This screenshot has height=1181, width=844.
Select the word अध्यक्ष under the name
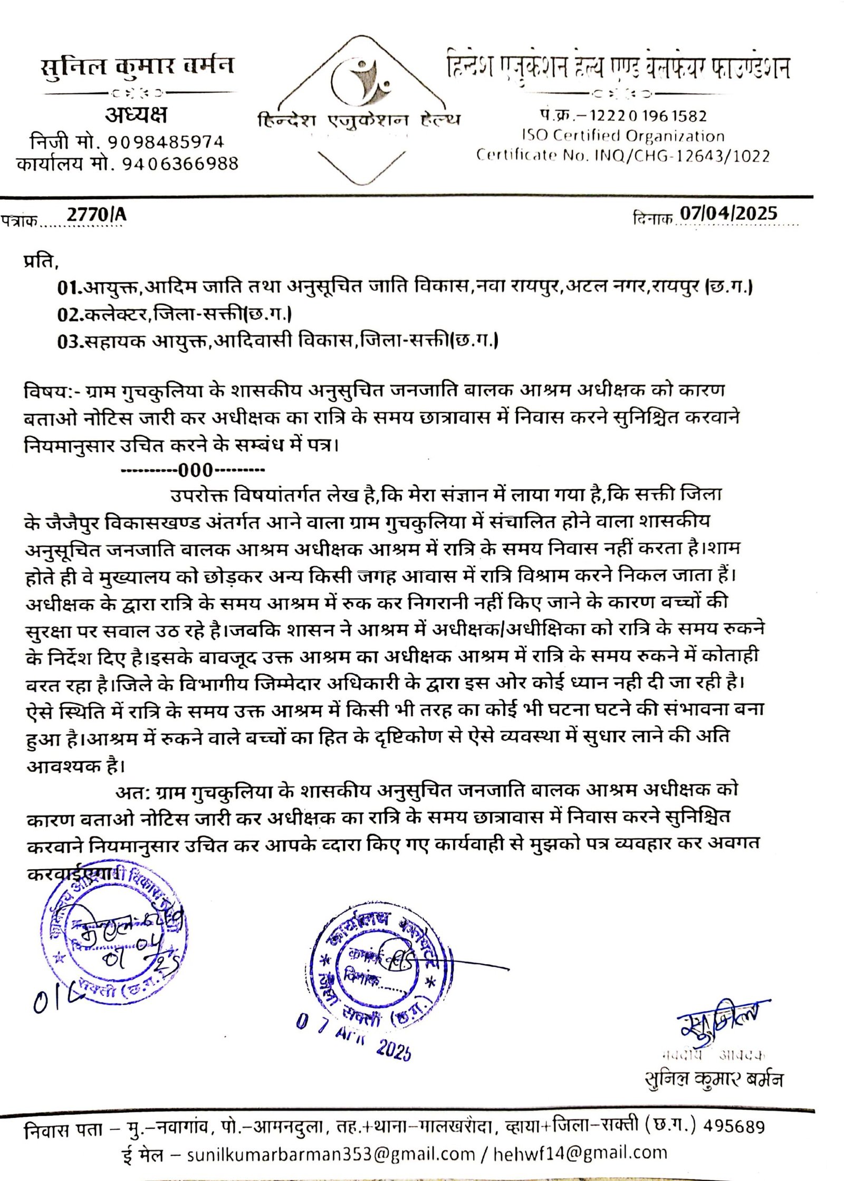coord(136,114)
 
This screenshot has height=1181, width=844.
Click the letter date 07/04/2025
coord(728,213)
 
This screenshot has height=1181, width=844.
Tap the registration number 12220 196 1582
coord(648,116)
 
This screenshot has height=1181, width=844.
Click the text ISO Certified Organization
coord(623,136)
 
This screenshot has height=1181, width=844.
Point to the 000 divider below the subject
coord(195,469)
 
